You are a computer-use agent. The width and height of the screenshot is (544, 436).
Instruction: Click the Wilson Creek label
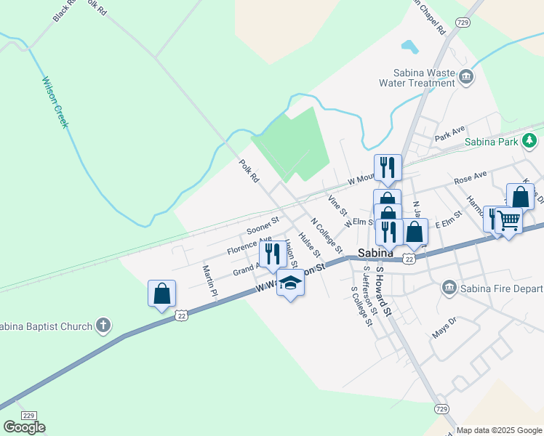(x=55, y=102)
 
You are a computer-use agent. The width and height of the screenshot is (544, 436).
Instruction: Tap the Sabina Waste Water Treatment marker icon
(x=465, y=76)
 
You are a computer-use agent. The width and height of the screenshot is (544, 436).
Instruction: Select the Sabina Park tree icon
(x=532, y=140)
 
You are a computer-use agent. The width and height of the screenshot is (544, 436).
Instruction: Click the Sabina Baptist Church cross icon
(x=103, y=326)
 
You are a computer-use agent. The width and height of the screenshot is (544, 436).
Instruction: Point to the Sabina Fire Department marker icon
(x=449, y=288)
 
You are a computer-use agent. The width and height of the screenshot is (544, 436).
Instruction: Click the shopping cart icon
(x=509, y=219)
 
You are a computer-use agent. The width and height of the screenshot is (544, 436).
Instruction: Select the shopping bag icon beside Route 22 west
(x=161, y=294)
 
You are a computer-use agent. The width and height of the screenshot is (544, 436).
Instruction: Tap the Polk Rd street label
(x=249, y=171)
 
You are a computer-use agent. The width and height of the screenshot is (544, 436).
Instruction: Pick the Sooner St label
(x=263, y=226)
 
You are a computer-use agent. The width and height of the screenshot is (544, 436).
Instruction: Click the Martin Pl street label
(x=209, y=283)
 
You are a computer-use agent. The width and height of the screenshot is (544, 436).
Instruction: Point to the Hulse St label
(x=310, y=243)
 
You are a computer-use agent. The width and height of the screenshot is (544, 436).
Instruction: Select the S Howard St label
(x=383, y=290)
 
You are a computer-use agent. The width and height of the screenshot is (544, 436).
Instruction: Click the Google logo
(x=24, y=427)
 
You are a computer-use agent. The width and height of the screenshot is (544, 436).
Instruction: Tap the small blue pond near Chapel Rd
(x=410, y=47)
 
